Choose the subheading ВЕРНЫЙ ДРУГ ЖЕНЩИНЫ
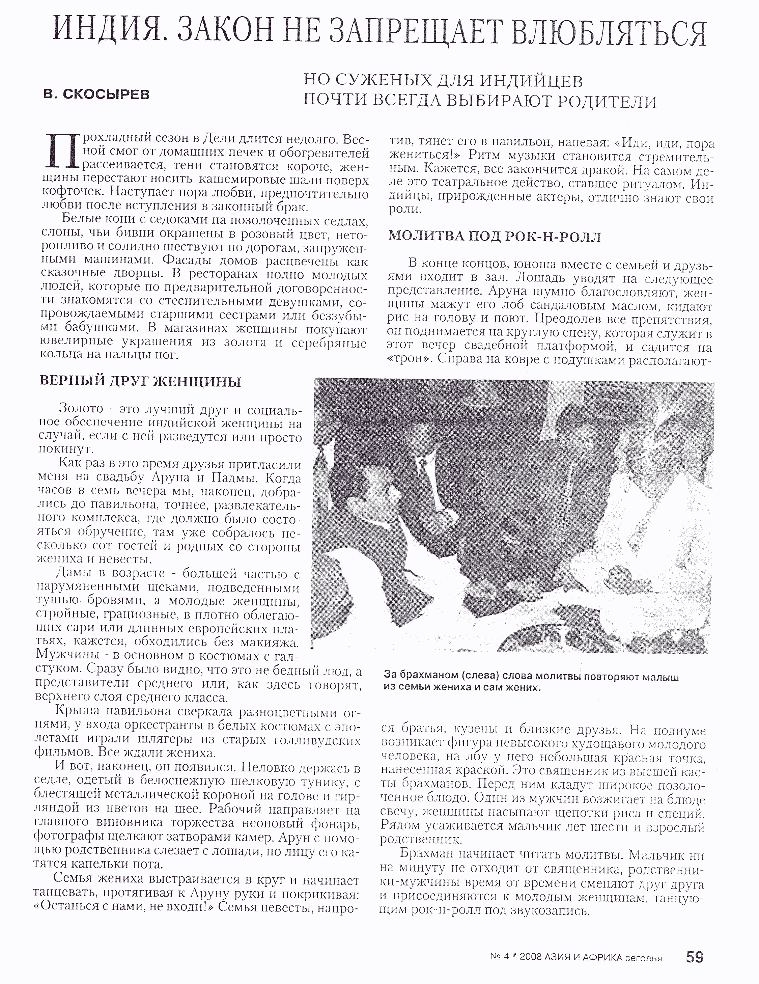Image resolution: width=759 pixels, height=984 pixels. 141,382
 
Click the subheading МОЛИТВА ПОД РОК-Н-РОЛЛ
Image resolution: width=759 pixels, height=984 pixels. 495,237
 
